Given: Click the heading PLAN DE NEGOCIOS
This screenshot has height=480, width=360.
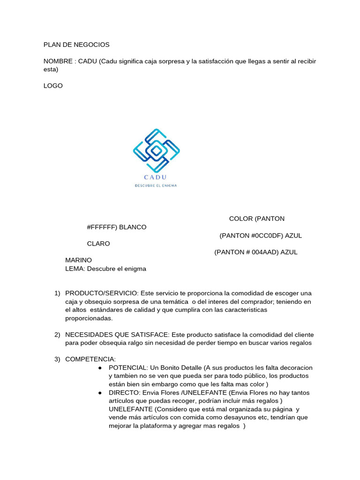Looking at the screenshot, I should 76,45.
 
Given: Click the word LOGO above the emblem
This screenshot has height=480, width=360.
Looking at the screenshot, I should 53,86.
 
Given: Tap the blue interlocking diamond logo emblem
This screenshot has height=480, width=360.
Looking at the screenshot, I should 157,150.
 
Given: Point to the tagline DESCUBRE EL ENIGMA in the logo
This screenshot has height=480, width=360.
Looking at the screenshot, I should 156,185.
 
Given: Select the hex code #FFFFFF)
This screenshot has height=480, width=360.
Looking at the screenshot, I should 102,227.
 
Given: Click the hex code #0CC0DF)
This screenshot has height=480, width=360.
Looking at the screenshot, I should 267,236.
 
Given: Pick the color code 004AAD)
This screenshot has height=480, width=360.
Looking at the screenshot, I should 263,252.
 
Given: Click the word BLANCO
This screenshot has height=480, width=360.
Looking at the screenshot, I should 133,227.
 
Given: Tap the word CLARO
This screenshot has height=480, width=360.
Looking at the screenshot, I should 98,244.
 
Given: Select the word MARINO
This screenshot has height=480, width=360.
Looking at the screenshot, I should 78,260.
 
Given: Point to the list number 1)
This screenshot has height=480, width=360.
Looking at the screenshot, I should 57,293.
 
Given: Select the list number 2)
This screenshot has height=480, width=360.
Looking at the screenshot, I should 57,334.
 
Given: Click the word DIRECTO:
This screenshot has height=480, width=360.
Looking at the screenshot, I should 124,393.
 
